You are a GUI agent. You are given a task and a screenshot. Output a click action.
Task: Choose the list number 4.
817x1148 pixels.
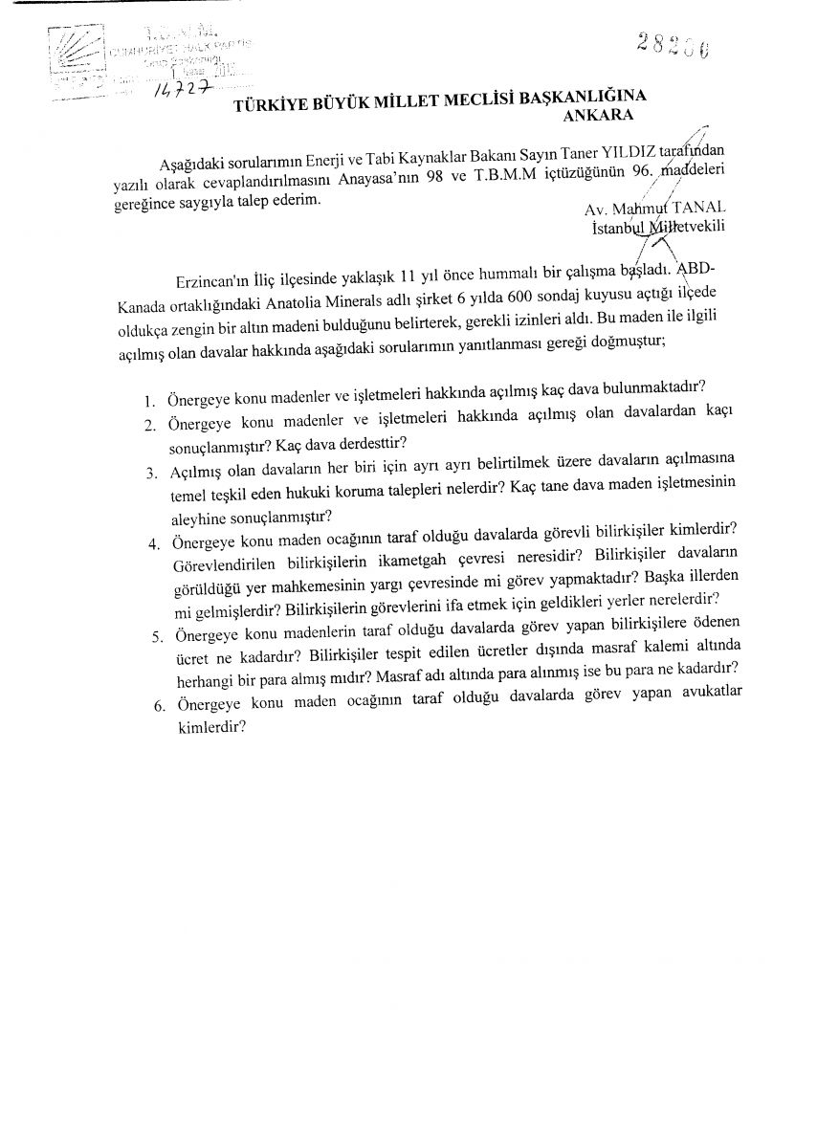point(153,544)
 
